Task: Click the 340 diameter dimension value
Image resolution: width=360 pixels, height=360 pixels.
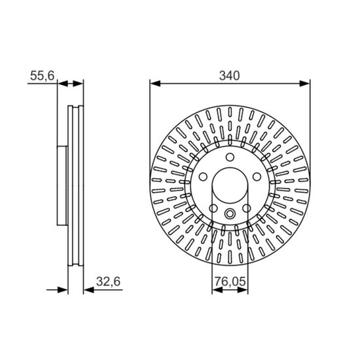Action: (x=229, y=75)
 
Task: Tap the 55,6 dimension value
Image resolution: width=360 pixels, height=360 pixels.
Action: (x=43, y=75)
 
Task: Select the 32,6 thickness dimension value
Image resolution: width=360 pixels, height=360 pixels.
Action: (x=108, y=281)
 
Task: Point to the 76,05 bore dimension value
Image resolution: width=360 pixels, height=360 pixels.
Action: (x=230, y=281)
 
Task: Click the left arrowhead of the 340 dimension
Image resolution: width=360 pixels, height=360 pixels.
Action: (x=155, y=84)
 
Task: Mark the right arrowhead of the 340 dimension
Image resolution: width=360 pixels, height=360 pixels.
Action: (x=304, y=84)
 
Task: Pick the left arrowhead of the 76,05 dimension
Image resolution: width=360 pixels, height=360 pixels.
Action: (x=217, y=290)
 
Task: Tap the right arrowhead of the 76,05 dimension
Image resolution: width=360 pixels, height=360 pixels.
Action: (x=243, y=290)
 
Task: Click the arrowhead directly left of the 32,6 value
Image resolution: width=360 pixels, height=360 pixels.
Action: (x=89, y=290)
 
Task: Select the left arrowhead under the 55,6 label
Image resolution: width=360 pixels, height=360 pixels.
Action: (x=63, y=84)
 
